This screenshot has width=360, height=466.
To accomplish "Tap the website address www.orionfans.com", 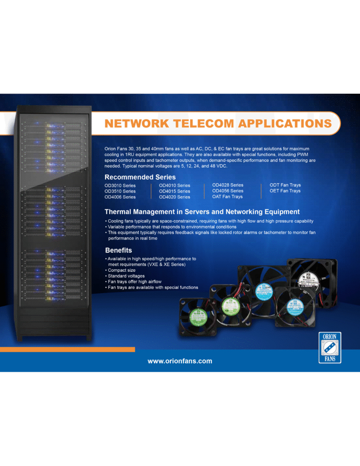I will coord(180,361).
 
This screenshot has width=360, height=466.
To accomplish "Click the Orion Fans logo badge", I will coord(330,348).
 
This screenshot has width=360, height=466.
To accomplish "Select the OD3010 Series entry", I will coord(120,186).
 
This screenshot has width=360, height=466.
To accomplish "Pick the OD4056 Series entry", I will coord(228,191).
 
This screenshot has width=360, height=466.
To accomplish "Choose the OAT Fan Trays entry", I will coord(227,197).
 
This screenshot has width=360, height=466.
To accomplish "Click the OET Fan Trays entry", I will coord(285,191).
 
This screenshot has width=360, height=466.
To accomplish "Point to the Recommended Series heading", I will coord(140,177).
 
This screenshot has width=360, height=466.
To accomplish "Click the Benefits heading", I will coord(118,250).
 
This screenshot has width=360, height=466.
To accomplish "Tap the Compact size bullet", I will coord(121,270).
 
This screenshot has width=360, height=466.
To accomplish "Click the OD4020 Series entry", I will coord(174,197).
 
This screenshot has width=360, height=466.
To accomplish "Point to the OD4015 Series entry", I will coord(174,191).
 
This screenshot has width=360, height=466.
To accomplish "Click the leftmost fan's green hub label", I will coord(198,315).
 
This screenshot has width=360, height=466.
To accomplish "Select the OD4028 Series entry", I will coord(228,185).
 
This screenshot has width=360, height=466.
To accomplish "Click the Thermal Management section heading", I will coord(202,212).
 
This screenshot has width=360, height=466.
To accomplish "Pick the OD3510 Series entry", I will coord(120,191).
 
